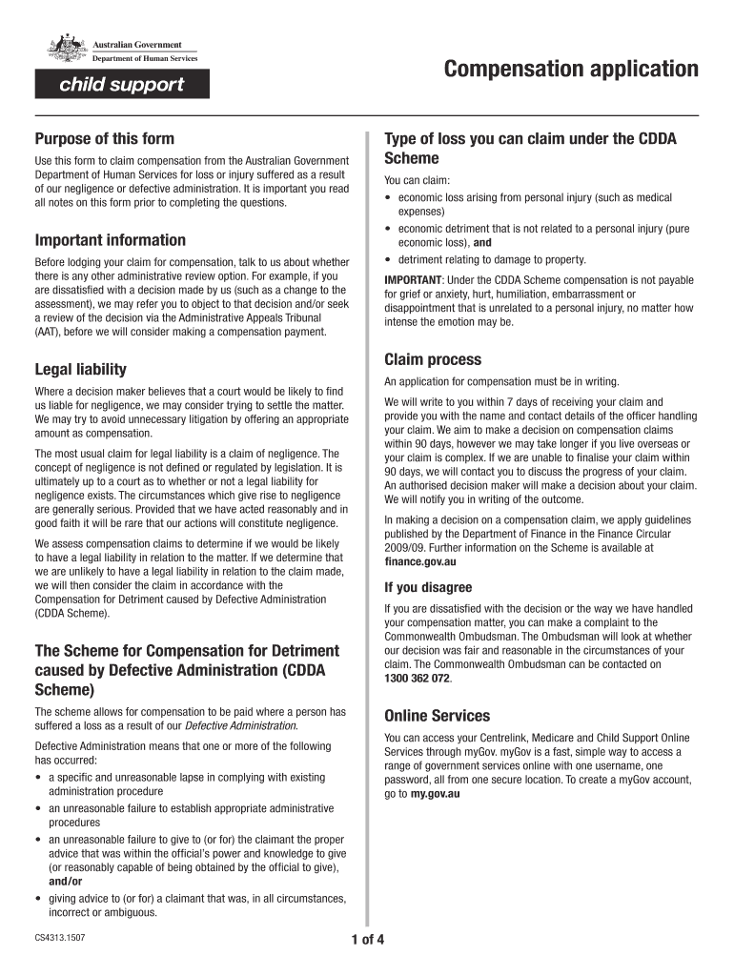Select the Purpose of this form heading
(105, 139)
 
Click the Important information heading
(111, 240)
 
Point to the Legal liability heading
(80, 369)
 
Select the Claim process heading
(433, 359)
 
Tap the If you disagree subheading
(428, 587)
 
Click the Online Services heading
(437, 716)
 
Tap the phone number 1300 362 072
(418, 678)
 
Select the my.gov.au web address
(435, 793)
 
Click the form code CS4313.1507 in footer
(60, 938)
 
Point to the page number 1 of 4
(367, 941)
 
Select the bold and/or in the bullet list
(65, 882)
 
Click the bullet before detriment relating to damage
(388, 260)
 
